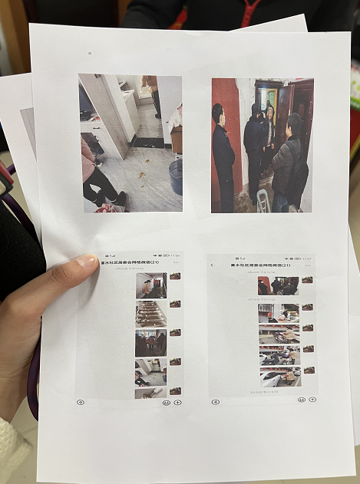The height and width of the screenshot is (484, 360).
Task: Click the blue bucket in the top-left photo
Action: pos(176,176)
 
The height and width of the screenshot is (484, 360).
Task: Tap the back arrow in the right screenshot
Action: pos(212,265)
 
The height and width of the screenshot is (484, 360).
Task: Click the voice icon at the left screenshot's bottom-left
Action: pos(80,401)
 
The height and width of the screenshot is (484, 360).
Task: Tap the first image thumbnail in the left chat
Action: pos(150,285)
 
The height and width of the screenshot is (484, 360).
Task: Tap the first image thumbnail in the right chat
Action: pos(278,285)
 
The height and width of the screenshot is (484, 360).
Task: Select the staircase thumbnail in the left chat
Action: pos(150,314)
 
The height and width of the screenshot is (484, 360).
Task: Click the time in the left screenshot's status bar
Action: pos(175,255)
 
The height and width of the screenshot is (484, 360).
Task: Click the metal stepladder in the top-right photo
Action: pos(263,201)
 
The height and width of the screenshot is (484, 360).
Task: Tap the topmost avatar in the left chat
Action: pos(175,276)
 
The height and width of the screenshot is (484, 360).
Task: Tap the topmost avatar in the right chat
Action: pos(307,280)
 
